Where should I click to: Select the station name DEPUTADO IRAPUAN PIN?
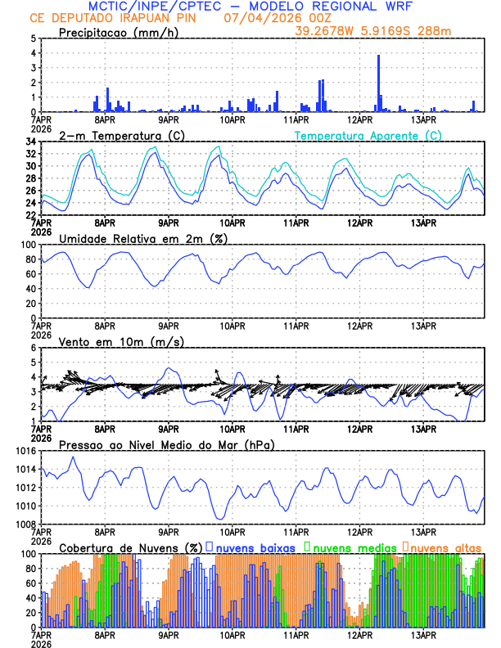126,17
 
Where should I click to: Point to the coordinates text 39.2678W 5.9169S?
358,30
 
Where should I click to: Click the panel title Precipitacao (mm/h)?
119,33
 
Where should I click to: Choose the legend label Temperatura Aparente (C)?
368,135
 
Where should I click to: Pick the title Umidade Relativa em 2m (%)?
142,238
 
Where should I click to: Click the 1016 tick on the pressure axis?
23,451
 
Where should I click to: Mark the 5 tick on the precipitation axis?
34,38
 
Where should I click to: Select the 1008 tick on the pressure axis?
23,524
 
